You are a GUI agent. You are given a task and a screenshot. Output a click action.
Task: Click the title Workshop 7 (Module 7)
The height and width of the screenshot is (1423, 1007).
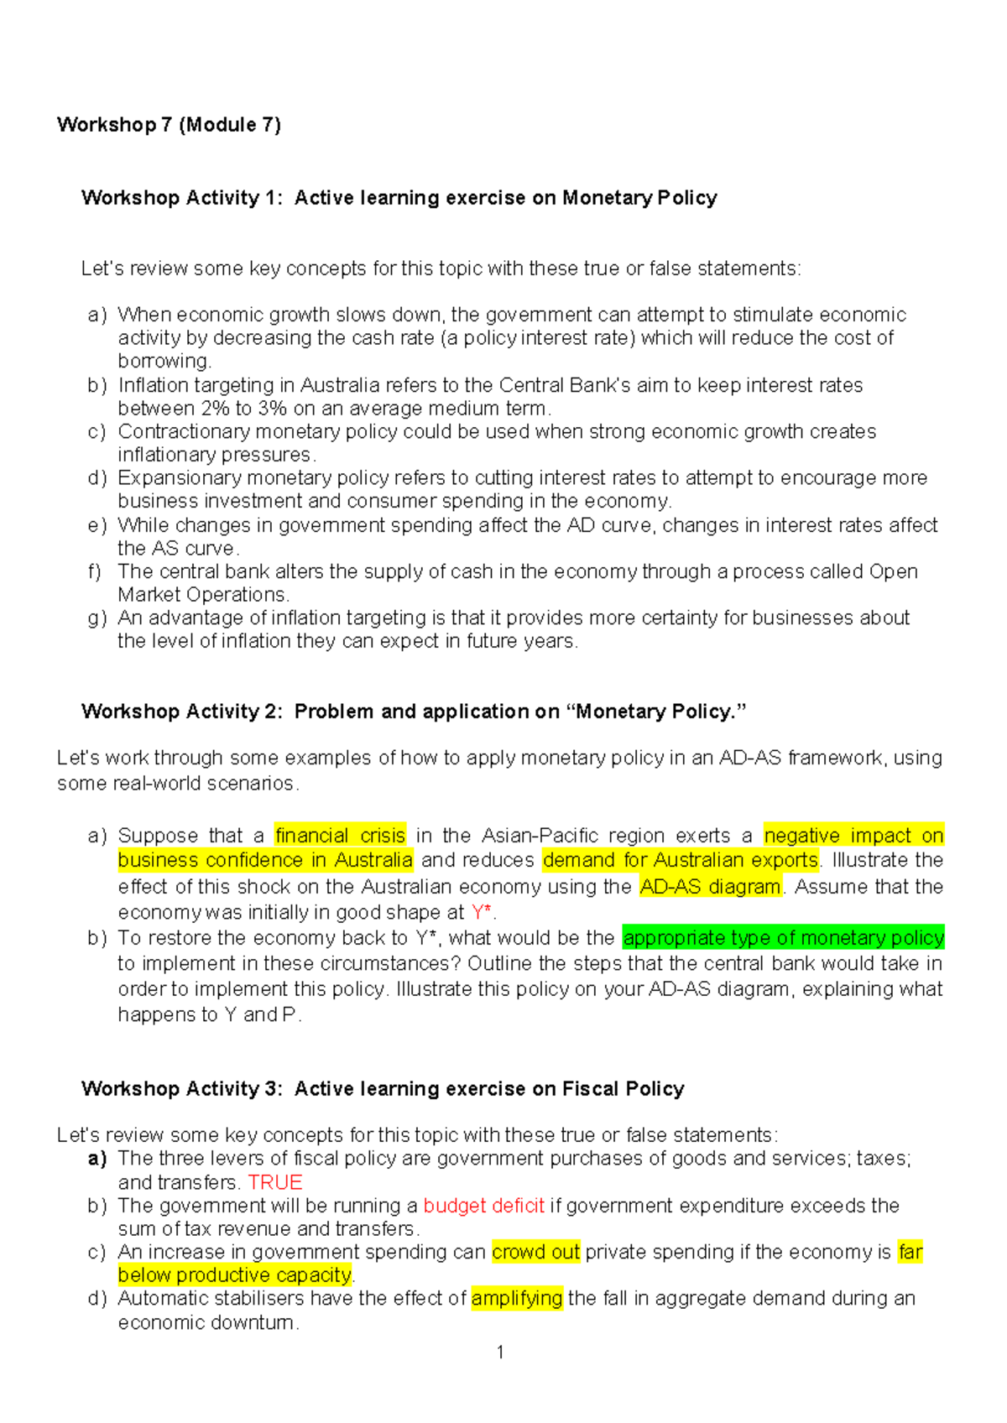point(169,125)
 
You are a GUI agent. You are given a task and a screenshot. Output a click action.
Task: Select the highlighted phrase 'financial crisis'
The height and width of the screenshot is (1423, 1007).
point(340,836)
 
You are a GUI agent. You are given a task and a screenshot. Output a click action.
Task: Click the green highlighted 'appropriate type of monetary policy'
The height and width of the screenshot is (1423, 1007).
point(783,937)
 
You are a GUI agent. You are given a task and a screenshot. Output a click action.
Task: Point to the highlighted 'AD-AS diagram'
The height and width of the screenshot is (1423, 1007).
point(710,887)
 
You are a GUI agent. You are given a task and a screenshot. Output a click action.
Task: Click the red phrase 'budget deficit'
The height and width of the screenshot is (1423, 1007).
point(484,1206)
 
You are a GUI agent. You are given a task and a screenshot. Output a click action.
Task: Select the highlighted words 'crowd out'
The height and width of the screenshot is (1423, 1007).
point(535,1252)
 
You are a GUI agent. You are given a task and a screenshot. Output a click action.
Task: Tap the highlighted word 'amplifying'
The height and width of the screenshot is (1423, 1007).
point(517,1298)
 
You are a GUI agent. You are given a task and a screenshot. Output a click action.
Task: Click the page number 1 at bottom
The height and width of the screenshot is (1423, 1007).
point(500,1352)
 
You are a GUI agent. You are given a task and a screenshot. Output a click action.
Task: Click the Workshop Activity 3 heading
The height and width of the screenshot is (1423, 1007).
point(383,1089)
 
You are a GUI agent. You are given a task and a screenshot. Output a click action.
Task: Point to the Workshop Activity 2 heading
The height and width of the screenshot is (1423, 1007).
point(413,711)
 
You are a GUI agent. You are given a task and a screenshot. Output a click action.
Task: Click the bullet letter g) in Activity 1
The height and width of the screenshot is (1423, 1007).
point(97,618)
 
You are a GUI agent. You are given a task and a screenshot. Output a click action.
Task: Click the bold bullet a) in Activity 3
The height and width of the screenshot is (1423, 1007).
point(97,1159)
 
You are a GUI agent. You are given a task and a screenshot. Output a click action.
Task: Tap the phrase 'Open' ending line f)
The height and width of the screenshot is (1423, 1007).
point(893,571)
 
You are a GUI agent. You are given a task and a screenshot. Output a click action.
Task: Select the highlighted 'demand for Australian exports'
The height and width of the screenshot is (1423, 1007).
point(681,860)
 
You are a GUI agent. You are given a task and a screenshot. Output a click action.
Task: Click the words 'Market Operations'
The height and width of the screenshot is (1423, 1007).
point(202,595)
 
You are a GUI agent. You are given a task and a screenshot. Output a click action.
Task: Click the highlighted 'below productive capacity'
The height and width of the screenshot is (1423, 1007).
point(235,1275)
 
